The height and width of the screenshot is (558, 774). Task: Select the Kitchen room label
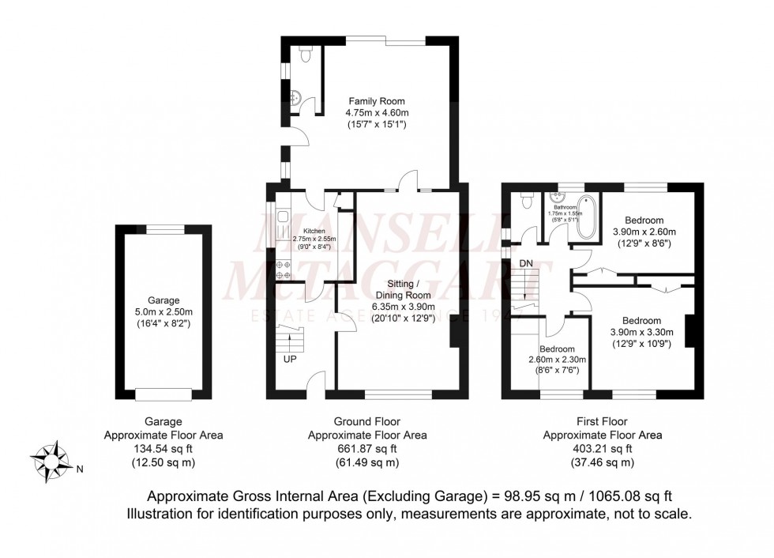pos(303,230)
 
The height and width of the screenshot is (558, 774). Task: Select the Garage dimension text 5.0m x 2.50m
pos(164,312)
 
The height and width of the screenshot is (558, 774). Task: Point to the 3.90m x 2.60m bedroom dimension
pos(644,232)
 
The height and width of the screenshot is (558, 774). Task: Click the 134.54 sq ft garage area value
pos(163,449)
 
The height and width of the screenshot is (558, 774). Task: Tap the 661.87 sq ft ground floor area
pos(368,449)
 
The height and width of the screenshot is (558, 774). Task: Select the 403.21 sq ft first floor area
pos(602,449)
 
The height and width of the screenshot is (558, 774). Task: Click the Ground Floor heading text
pos(368,422)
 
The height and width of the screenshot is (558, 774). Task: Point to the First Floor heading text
pos(602,422)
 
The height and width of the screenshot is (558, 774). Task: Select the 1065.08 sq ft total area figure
pos(628,496)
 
